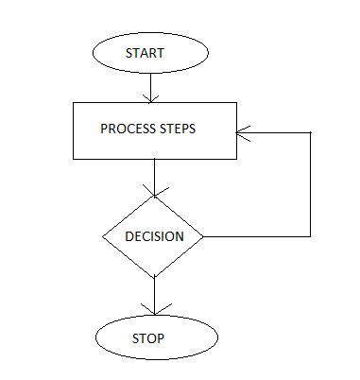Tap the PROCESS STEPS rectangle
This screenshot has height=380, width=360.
[153, 130]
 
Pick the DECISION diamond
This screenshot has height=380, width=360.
[153, 235]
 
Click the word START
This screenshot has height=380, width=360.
[145, 54]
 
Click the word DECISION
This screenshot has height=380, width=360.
[154, 236]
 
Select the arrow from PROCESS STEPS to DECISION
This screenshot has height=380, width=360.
[153, 175]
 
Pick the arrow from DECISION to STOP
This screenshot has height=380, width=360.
[153, 295]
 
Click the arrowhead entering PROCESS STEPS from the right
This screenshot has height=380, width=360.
[242, 134]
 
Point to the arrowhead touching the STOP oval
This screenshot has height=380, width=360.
[153, 310]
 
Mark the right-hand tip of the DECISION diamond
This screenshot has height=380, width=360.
[203, 235]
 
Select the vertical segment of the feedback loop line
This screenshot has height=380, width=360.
[311, 184]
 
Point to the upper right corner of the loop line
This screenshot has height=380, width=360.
[311, 134]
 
